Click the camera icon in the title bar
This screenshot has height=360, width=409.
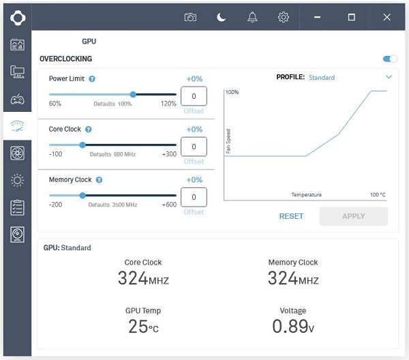coord(190,17)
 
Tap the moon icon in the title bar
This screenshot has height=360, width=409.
coord(222,17)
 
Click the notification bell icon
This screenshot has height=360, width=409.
coord(252,17)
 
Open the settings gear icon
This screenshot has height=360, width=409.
coord(284,17)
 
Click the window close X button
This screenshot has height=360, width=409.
coord(387,17)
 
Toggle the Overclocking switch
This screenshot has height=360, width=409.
coord(390,59)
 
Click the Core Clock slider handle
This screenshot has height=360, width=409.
coord(82,145)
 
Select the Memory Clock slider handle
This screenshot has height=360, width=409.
coord(82,195)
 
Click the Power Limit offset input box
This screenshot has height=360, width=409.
coord(194,96)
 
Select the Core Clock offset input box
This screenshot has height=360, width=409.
coord(194,147)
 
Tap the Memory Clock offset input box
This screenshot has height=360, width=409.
coord(194,197)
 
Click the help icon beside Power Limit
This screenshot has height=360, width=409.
coord(92,78)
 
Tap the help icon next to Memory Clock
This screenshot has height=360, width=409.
coord(99,180)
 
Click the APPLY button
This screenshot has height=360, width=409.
coord(353,216)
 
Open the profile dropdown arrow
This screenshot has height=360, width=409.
coord(389,77)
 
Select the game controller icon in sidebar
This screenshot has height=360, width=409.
coord(18,99)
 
